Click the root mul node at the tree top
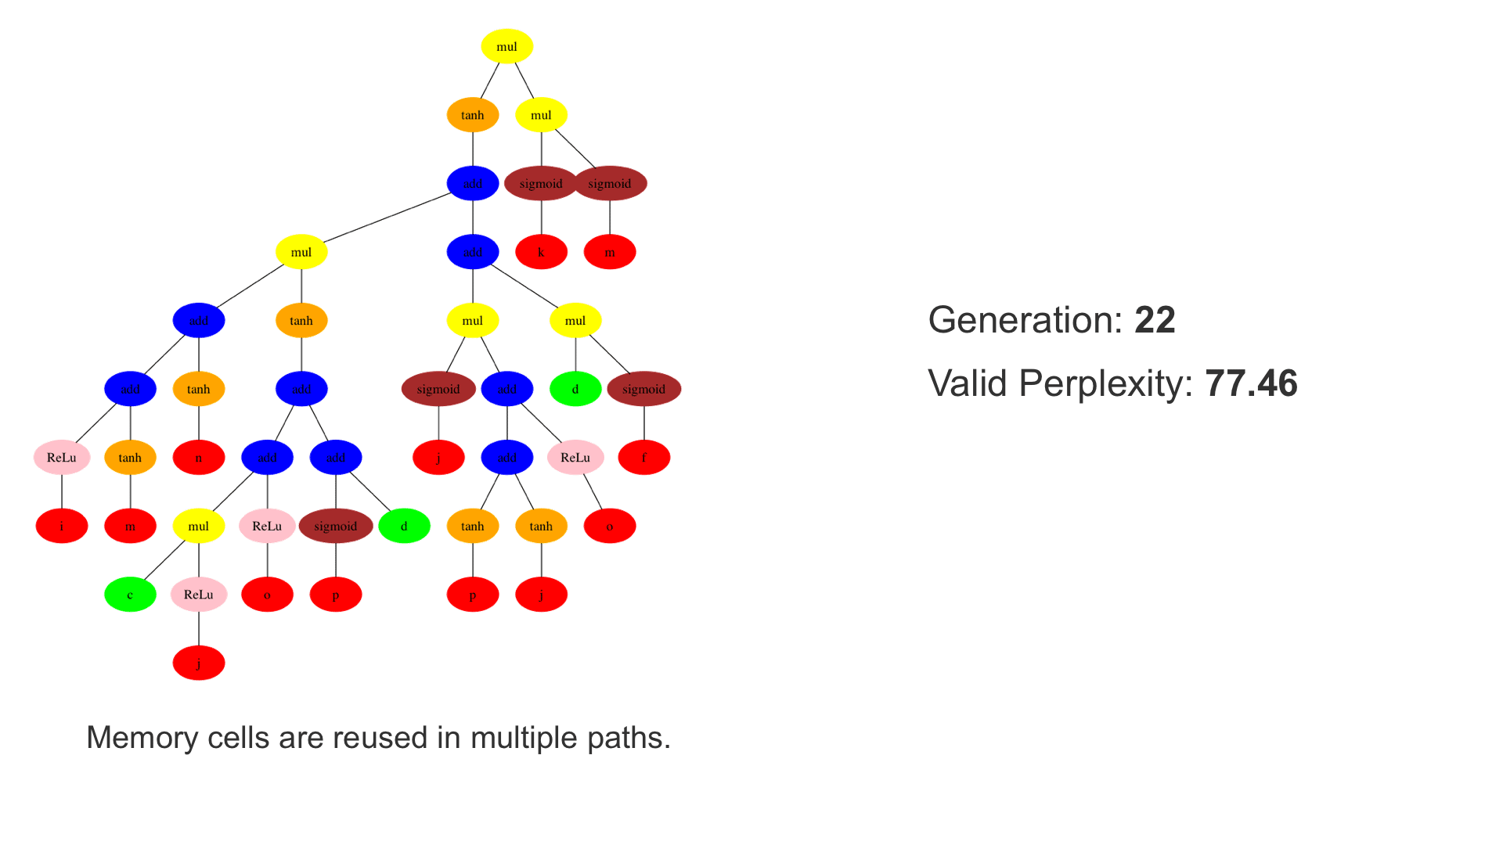506,46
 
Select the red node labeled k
541,252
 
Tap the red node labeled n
199,458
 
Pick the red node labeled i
62,526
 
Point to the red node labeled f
644,458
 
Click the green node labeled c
130,595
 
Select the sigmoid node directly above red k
541,184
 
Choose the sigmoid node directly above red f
644,389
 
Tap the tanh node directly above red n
199,389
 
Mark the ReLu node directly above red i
62,458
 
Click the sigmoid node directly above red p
336,526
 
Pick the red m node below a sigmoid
610,252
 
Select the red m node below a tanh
130,526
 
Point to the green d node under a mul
575,389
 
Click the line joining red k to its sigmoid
541,218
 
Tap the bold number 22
1155,320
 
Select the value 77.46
1251,383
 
